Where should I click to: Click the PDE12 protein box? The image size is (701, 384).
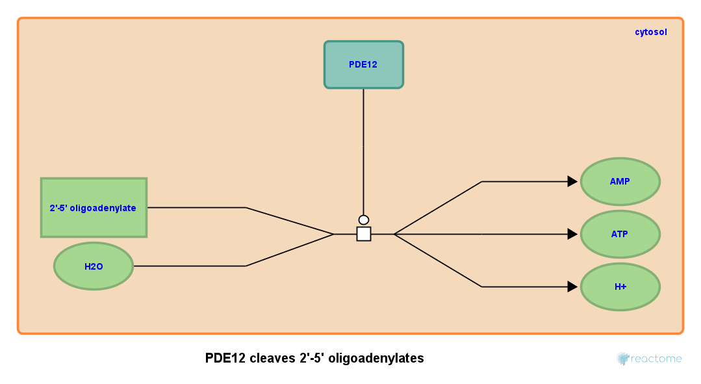[x=363, y=64]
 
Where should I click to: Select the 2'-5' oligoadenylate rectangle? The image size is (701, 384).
[x=94, y=208]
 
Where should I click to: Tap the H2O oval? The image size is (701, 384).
[x=94, y=266]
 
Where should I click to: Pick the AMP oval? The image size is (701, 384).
[x=620, y=181]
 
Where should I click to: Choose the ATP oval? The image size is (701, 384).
[x=620, y=234]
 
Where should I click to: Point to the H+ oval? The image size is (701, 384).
[x=620, y=287]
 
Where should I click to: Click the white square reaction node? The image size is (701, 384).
[x=364, y=234]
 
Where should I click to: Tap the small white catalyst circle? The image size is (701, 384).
[x=364, y=220]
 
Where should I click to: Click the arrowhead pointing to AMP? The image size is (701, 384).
[x=572, y=181]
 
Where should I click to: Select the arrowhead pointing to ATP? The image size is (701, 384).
[x=572, y=234]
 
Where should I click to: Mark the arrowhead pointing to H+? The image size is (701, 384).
[x=572, y=287]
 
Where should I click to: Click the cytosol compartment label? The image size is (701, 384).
[x=650, y=32]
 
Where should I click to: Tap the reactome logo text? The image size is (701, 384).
[x=657, y=359]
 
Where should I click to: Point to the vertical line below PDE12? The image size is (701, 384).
[x=364, y=149]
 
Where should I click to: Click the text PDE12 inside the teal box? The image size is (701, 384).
[x=363, y=64]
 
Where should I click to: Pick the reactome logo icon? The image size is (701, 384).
[x=622, y=358]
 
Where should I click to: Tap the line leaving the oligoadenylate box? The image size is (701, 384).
[x=195, y=208]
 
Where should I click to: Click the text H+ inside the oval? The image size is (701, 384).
[x=620, y=287]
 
